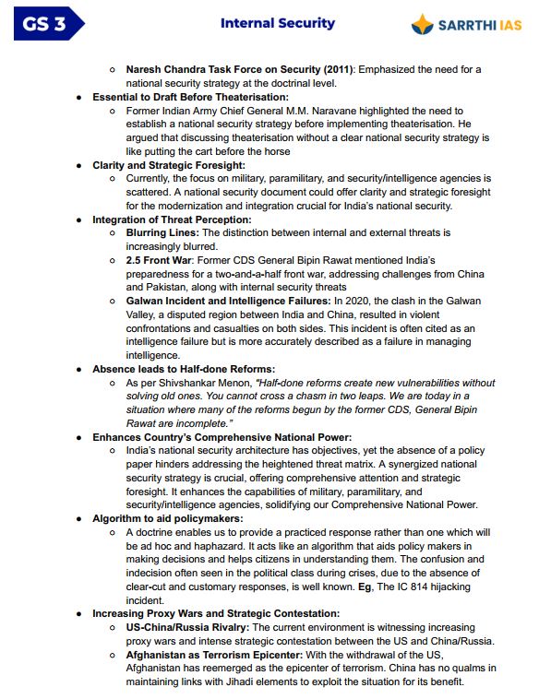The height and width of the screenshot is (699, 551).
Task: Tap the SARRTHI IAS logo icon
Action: pos(423,24)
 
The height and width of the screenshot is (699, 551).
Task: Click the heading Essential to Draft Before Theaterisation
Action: pos(190,97)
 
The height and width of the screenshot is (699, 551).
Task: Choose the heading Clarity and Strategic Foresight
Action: pos(168,165)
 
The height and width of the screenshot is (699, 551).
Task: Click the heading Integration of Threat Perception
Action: pos(171,219)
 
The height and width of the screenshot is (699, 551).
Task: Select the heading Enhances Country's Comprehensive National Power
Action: pos(221,436)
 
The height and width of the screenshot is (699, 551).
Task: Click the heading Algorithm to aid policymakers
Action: pos(167,518)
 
